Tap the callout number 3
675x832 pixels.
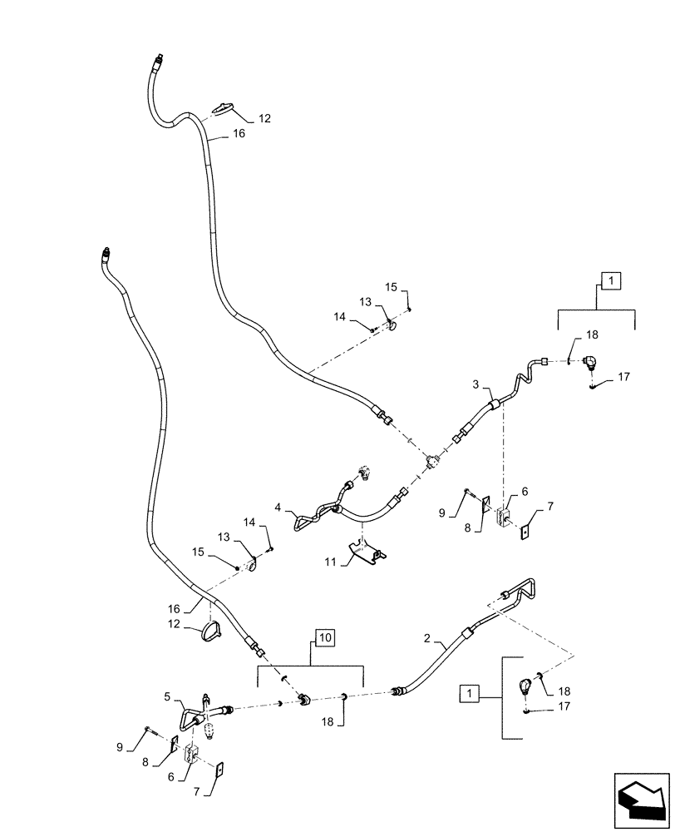tap(476, 384)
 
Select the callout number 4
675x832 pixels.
tap(279, 506)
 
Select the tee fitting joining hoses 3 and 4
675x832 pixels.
tap(431, 462)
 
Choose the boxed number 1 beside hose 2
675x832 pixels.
tap(472, 693)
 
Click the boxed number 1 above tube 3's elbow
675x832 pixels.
tap(608, 281)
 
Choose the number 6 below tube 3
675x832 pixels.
tap(525, 493)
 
